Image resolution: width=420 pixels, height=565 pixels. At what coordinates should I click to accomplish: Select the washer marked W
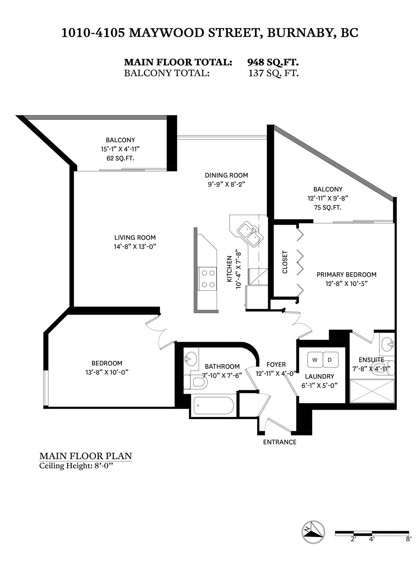point(315,360)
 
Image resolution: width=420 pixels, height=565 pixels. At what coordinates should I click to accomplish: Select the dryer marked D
point(330,360)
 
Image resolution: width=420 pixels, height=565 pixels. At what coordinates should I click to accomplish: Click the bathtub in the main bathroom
point(214,406)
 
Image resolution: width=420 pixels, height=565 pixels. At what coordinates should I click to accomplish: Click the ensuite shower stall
point(372,391)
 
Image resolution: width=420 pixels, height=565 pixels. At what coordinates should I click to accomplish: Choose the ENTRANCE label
point(280,442)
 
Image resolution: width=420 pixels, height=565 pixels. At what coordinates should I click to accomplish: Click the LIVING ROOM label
point(135,237)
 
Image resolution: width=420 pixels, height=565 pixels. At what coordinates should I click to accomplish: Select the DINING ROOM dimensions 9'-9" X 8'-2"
point(227,184)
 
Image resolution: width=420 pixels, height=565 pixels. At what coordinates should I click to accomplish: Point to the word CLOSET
point(285,262)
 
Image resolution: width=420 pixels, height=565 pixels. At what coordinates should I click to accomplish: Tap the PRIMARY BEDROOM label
point(346,275)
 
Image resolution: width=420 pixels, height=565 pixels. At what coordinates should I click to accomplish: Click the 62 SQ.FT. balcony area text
point(120,158)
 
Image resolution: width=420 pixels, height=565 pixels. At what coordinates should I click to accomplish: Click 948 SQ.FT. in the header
point(273,62)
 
